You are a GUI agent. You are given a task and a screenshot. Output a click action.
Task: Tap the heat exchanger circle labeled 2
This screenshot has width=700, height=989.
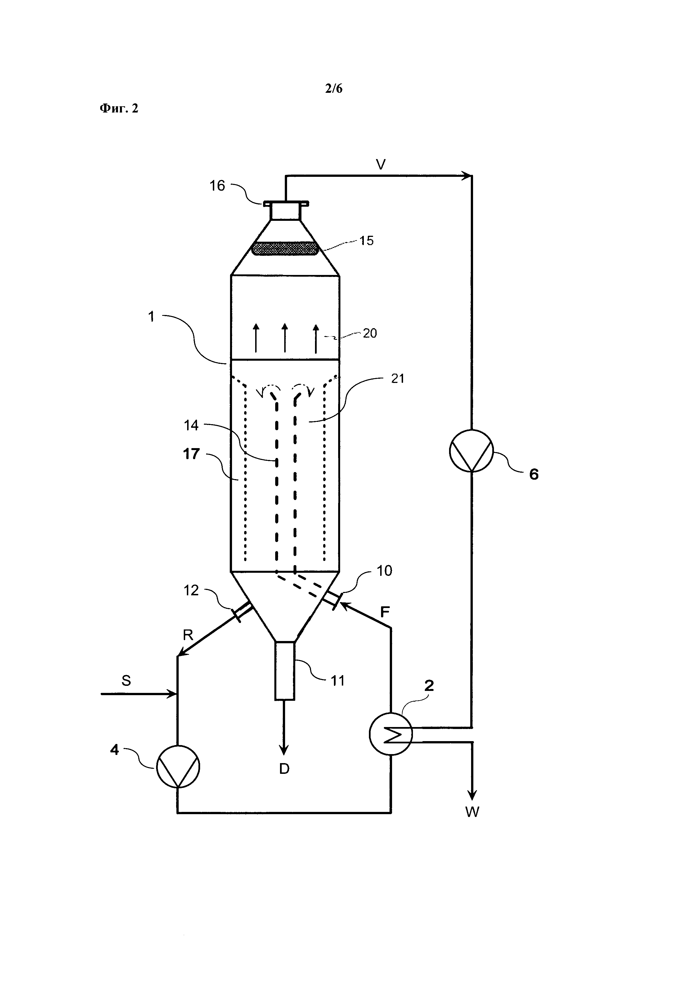pos(391,734)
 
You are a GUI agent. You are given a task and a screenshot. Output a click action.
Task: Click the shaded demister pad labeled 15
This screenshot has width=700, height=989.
pos(285,248)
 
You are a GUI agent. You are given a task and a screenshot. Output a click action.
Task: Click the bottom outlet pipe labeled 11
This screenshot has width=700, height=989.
pos(285,671)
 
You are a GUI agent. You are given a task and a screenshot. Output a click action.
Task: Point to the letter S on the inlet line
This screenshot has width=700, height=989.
pos(126,680)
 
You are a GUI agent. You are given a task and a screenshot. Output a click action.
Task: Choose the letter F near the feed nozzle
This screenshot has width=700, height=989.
pos(385,612)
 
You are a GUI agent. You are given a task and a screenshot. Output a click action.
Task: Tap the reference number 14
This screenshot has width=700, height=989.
pos(191,426)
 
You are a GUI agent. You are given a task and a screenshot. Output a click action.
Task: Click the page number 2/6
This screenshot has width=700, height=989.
pos(334,89)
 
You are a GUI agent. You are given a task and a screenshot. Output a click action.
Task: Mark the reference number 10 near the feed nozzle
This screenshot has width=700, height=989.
pos(384,571)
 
